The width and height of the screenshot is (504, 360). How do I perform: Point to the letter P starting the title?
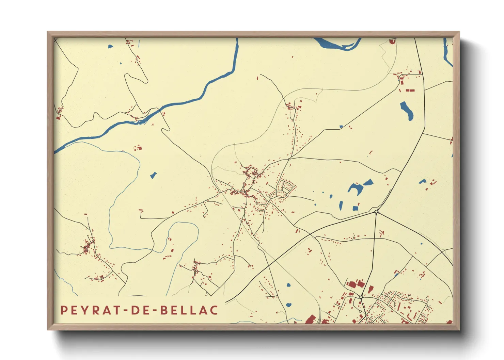pos(64,310)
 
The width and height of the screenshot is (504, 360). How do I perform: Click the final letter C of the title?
pos(214,310)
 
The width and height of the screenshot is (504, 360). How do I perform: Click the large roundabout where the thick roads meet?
pos(376,212)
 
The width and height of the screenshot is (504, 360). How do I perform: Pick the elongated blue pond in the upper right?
pos(406,110)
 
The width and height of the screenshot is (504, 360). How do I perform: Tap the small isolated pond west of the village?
pos(153,176)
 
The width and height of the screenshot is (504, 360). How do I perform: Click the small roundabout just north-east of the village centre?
pos(289,159)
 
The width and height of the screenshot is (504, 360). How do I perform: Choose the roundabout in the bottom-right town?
pos(361,297)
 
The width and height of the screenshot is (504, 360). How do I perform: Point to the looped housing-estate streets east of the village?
pos(284,190)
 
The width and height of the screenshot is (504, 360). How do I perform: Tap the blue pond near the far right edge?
pos(422,181)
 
